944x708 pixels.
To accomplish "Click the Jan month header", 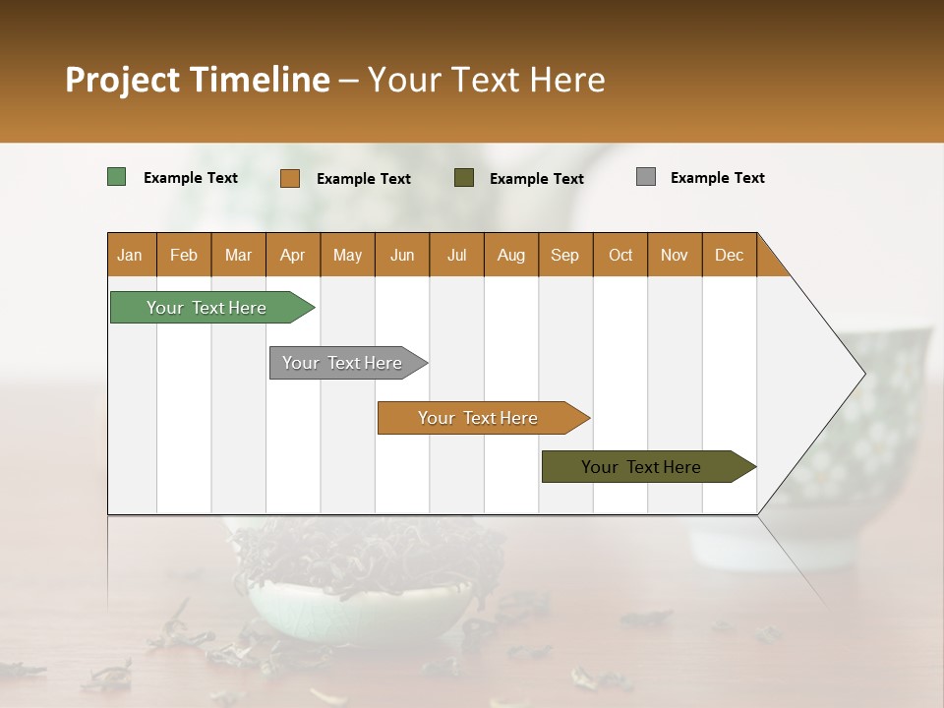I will (131, 255).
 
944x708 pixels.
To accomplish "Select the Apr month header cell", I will (293, 255).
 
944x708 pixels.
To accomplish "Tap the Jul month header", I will (456, 255).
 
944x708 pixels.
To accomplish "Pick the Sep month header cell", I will (565, 255).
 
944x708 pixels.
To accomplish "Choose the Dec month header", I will (729, 255).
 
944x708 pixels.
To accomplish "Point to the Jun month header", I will (402, 255).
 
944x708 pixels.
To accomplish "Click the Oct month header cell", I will (619, 255).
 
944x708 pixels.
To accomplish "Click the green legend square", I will (117, 177).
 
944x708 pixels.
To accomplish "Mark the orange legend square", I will (290, 178).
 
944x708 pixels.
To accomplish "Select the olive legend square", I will (464, 178).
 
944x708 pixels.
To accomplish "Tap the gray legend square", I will (646, 177).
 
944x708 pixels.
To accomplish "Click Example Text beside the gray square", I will (717, 178).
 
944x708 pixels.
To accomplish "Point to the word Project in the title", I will (122, 80).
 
